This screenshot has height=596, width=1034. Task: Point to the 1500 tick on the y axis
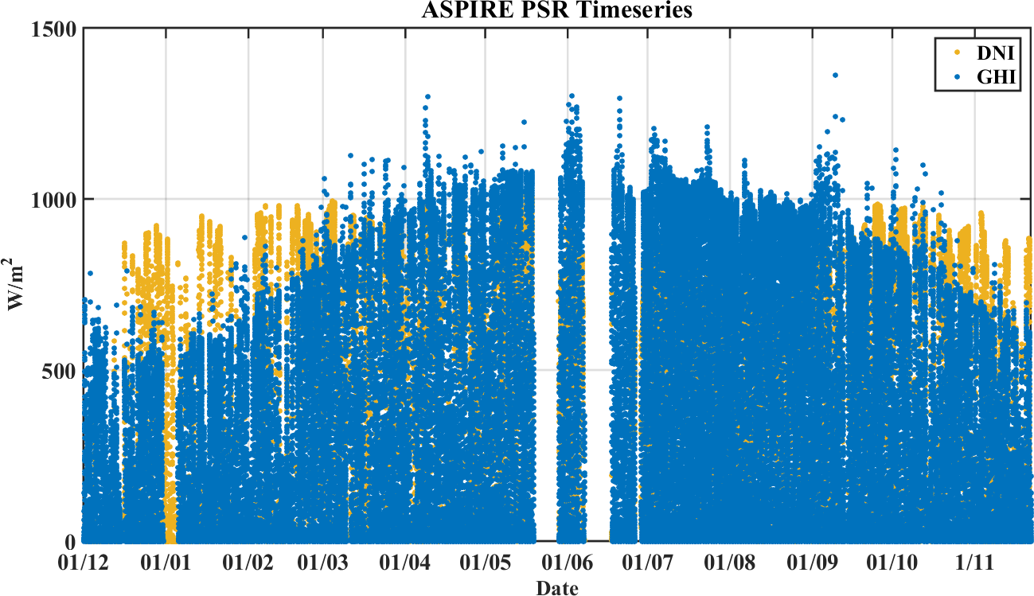coord(55,29)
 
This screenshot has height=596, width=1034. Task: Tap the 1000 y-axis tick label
coord(55,200)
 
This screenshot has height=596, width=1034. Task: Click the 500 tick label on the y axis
coord(60,371)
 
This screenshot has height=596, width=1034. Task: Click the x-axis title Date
coord(556,588)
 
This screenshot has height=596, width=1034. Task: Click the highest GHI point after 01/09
coord(835,76)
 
